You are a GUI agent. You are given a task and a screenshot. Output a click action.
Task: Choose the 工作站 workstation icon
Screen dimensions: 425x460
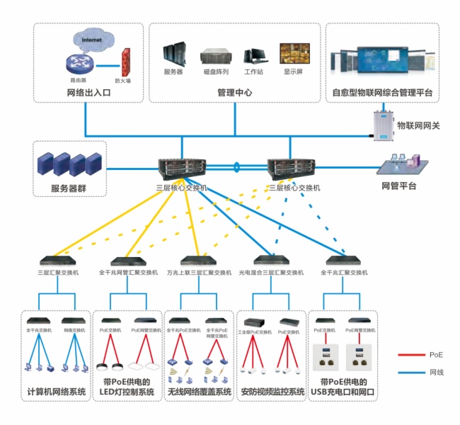pos(253,56)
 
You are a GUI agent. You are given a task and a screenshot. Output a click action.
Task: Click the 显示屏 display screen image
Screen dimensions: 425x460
pos(294,55)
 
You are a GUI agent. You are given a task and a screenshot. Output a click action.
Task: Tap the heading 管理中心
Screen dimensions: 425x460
pos(235,93)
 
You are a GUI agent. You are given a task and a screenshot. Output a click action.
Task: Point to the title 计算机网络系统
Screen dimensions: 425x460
pos(57,392)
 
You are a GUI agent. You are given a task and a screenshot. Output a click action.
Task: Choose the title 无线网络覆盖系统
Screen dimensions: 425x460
pos(200,392)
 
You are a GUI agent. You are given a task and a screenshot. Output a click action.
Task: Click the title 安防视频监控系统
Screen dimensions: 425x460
pos(272,392)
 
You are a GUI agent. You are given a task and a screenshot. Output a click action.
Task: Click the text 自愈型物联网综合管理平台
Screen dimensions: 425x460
pos(382,93)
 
